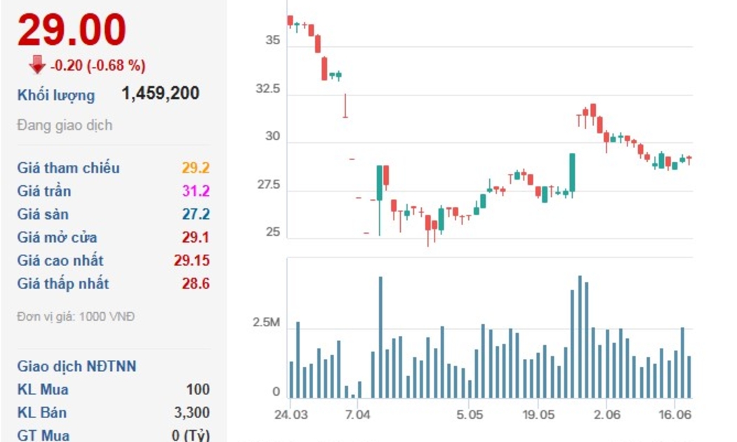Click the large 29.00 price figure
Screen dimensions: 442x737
[x=72, y=30]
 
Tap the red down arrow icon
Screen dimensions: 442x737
[x=36, y=65]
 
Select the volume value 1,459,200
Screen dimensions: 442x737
[x=161, y=93]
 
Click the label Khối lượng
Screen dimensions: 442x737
[x=56, y=95]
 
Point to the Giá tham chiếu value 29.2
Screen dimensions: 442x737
[x=196, y=168]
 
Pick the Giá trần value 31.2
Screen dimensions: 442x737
[x=196, y=191]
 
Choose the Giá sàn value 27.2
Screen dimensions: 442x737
[x=196, y=214]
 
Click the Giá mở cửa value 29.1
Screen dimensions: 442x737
[x=196, y=237]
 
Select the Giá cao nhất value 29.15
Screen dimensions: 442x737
[x=192, y=260]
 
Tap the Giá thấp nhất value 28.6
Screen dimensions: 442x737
[x=196, y=283]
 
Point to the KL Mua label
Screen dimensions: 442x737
[x=43, y=389]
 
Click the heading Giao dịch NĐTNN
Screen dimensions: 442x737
[x=77, y=366]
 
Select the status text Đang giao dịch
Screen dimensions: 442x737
[x=65, y=126]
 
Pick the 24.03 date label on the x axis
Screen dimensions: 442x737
[x=291, y=415]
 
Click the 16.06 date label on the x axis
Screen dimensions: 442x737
[x=675, y=415]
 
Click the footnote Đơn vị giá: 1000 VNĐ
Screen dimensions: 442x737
[x=76, y=316]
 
